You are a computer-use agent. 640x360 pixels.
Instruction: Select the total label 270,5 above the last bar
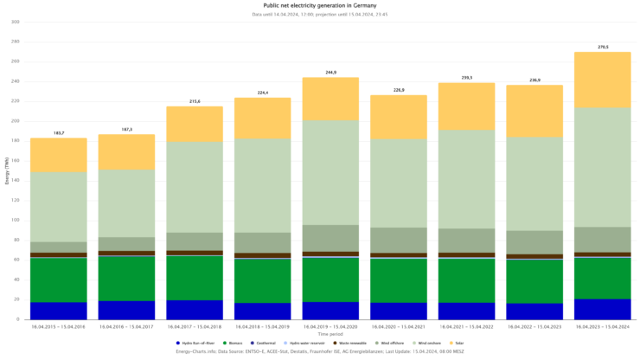point(603,47)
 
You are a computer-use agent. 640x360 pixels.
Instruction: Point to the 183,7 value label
point(59,132)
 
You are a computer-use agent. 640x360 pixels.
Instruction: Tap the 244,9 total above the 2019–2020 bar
point(331,72)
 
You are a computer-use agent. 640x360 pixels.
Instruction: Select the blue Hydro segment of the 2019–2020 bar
point(331,310)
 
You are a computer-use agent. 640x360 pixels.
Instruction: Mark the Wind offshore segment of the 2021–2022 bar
point(467,241)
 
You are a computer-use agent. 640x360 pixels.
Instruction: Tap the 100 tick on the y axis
point(15,220)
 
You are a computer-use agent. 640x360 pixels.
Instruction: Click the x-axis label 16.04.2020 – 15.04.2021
point(399,325)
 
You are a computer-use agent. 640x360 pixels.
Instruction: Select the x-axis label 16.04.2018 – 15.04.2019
point(263,325)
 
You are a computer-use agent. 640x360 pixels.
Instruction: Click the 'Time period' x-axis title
point(331,333)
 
